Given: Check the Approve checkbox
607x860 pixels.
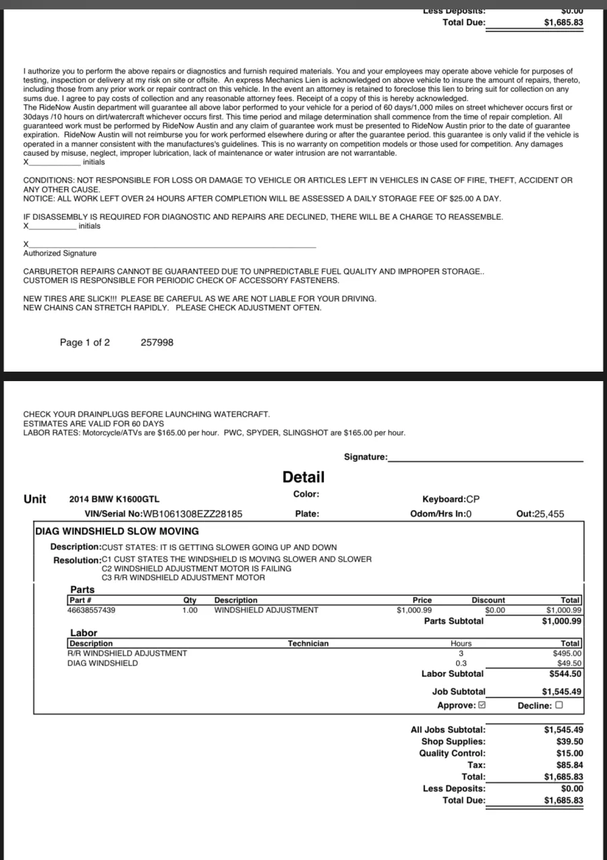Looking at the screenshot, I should click(482, 706).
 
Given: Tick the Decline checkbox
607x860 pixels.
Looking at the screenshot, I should click(558, 706).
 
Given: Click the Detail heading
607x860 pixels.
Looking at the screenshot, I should click(303, 477).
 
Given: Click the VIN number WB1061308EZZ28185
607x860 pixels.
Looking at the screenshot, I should click(192, 514).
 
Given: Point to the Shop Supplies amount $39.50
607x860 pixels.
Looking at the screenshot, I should click(569, 741).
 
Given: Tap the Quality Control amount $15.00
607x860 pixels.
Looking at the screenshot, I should click(569, 753).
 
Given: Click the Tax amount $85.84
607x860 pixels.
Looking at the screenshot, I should click(569, 765).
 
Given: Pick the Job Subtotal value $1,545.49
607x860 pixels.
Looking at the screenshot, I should click(562, 691).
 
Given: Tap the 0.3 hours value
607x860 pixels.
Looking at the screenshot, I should click(461, 663).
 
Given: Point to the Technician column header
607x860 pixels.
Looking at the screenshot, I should click(308, 643).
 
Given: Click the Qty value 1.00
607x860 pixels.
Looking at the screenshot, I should click(190, 610).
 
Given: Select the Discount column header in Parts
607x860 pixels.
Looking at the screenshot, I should click(488, 600).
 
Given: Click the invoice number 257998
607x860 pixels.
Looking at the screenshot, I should click(156, 343).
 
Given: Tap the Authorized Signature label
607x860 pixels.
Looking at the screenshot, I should click(60, 254).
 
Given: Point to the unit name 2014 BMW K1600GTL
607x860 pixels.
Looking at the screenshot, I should click(115, 499).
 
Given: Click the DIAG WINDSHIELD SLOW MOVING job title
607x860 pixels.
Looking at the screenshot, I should click(117, 532).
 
